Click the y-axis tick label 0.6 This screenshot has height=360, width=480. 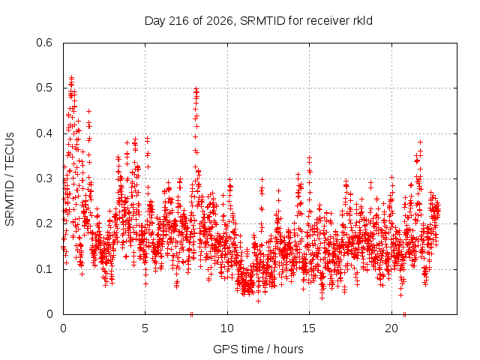pos(44,43)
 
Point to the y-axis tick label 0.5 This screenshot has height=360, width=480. pos(44,88)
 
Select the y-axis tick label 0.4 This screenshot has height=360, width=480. pos(44,133)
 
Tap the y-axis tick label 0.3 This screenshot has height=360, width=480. pos(44,178)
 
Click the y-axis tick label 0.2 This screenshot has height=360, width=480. pos(44,223)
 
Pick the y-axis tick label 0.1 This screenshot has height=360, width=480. pos(44,269)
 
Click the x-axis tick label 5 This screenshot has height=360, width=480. pos(145,328)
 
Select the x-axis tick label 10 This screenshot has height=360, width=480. pos(227,328)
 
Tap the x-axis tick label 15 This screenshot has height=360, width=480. pos(309,328)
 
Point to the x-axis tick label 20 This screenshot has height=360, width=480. pos(391,328)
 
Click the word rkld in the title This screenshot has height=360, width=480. pos(361,21)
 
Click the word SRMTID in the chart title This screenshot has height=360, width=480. pos(263,21)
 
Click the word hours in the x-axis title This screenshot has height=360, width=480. pos(288,349)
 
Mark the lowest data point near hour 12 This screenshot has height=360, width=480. pos(258,301)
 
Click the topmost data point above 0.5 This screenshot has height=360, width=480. pos(72,77)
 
